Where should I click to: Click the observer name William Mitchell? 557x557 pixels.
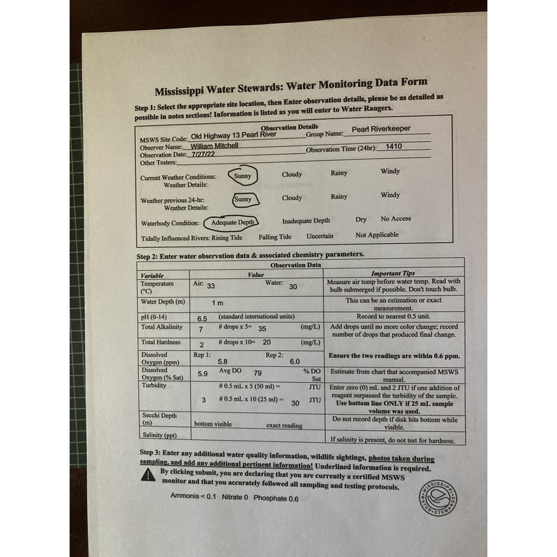214,146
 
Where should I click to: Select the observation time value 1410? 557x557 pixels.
394,147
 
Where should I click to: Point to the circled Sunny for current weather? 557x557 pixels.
242,176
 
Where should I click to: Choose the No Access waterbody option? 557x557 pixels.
395,219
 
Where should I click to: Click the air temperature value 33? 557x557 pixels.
210,286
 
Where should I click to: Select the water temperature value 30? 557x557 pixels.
293,286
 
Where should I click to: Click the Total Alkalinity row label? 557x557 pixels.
161,327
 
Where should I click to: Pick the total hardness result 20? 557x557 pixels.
267,343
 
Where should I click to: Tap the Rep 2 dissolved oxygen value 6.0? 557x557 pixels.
295,361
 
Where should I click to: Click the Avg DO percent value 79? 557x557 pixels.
257,373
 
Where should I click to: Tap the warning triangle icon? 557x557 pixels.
148,474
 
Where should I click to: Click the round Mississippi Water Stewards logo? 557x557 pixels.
439,499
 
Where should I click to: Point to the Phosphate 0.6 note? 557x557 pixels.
276,499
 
